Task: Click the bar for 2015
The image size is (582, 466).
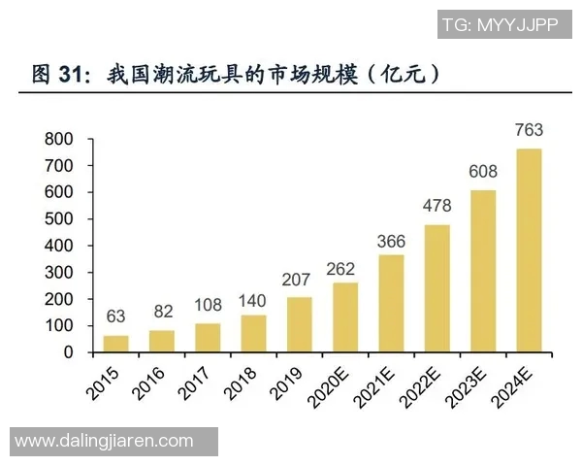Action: (x=115, y=344)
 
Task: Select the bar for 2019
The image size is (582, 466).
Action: (x=300, y=324)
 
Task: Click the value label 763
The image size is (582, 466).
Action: (x=529, y=129)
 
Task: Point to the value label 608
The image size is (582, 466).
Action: (x=483, y=172)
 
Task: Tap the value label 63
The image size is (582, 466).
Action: (x=115, y=316)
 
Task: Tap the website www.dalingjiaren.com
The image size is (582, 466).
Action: (x=104, y=441)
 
